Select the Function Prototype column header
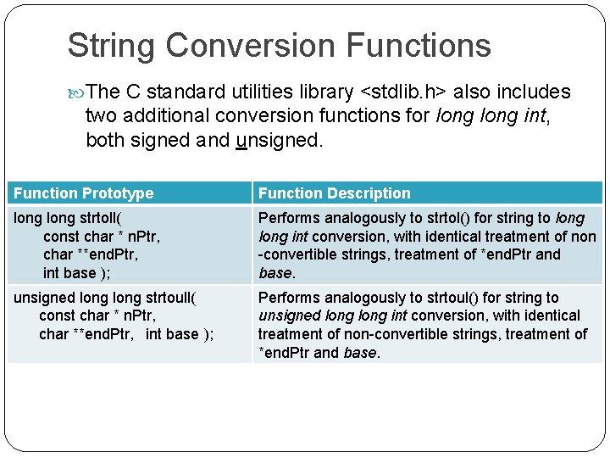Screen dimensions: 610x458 coord(84,193)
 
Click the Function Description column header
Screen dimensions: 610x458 coord(334,193)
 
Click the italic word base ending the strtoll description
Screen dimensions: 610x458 coord(275,273)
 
